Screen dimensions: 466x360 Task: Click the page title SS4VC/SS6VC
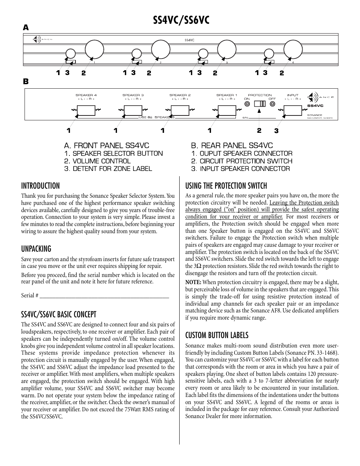pyautogui.click(x=180, y=20)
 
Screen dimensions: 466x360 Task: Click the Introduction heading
pyautogui.click(x=40, y=186)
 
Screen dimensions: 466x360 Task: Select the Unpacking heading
pyautogui.click(x=36, y=249)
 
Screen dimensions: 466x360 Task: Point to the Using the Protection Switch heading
pyautogui.click(x=226, y=186)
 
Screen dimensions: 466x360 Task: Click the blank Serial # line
pyautogui.click(x=104, y=296)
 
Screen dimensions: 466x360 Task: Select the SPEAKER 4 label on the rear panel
pyautogui.click(x=86, y=95)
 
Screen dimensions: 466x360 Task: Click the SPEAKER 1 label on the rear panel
pyautogui.click(x=227, y=95)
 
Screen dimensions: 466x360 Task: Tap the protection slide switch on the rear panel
pyautogui.click(x=259, y=103)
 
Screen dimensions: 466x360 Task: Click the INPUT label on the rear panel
pyautogui.click(x=293, y=95)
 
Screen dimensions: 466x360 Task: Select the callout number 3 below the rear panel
pyautogui.click(x=277, y=131)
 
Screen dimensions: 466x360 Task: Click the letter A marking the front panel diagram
pyautogui.click(x=26, y=28)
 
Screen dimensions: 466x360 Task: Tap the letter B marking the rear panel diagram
pyautogui.click(x=26, y=81)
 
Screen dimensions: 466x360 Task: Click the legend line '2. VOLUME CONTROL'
pyautogui.click(x=97, y=161)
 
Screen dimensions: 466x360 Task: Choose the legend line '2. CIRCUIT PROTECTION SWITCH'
pyautogui.click(x=242, y=161)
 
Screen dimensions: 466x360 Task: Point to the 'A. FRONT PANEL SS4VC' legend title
pyautogui.click(x=106, y=145)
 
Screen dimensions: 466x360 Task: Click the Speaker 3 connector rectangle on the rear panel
pyautogui.click(x=133, y=110)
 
